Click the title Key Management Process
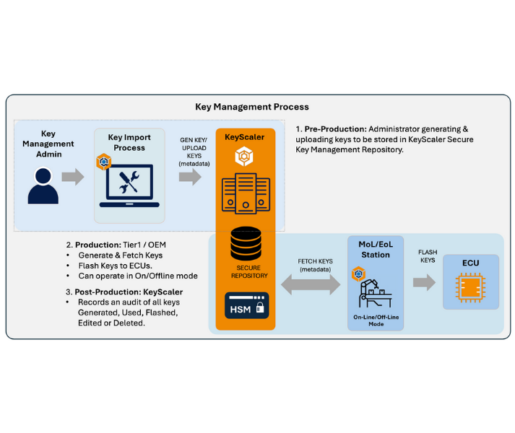click(x=252, y=107)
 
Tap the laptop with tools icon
click(x=129, y=185)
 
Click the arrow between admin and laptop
click(x=73, y=177)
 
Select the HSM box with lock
click(x=246, y=306)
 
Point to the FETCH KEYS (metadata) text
click(x=315, y=266)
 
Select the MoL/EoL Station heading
click(x=376, y=249)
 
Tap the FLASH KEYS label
click(x=428, y=256)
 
